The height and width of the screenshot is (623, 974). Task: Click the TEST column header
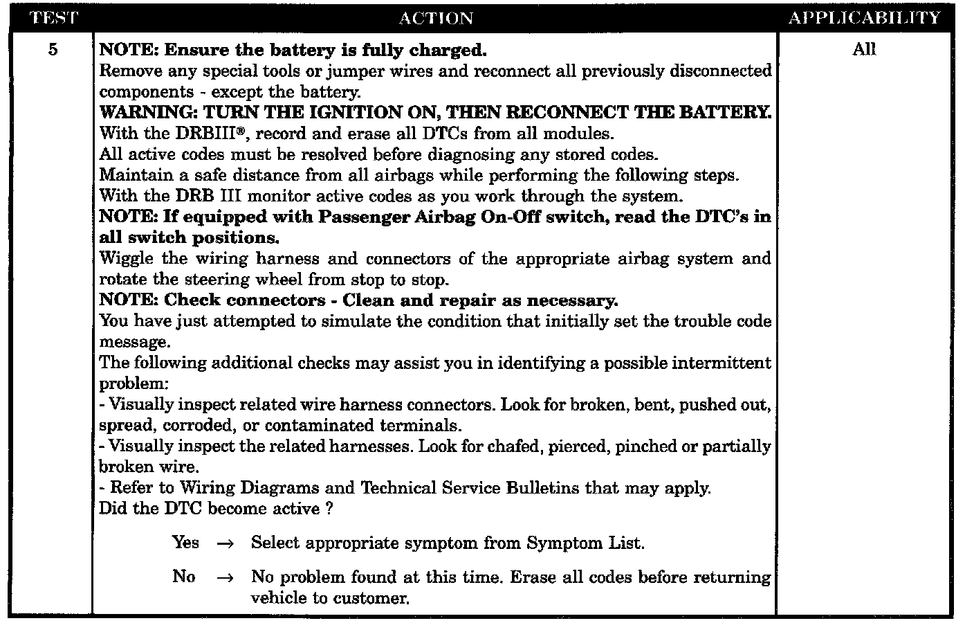point(52,18)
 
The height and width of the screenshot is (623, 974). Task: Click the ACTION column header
point(435,18)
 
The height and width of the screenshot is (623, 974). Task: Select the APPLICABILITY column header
point(864,18)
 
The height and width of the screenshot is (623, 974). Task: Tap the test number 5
point(53,50)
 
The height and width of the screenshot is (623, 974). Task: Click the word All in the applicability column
point(864,49)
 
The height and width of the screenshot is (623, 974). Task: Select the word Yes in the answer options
point(185,542)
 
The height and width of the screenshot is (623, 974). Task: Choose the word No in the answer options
point(183,576)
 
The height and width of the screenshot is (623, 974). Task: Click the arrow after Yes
point(226,543)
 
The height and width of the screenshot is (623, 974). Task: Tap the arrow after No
point(226,577)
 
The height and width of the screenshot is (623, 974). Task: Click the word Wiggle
point(127,258)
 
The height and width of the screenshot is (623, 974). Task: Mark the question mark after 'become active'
point(329,509)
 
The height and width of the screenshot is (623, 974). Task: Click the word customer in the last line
point(371,598)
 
